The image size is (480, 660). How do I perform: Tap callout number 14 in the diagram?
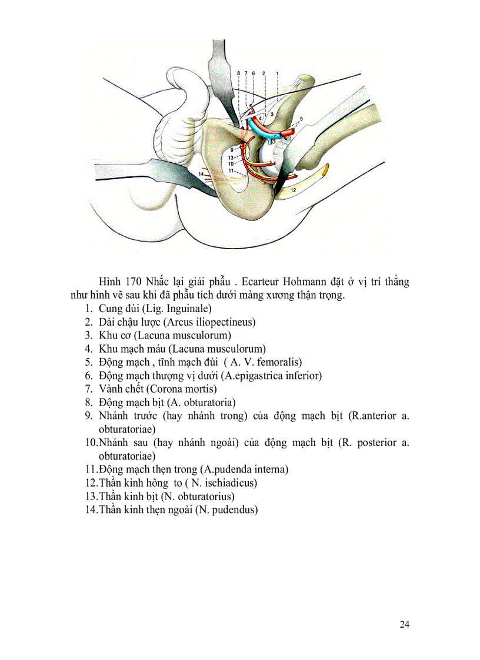coord(201,175)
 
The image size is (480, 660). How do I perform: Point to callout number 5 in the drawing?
coord(301,119)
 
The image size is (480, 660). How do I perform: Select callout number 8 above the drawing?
coord(238,73)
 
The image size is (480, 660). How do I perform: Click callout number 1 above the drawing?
coord(277,73)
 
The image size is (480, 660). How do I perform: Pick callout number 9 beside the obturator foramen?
coord(232,150)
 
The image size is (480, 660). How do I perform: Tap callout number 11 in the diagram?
coord(231,170)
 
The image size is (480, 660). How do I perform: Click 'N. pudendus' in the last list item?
coord(226,510)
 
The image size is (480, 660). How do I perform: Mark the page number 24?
coord(404,624)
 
